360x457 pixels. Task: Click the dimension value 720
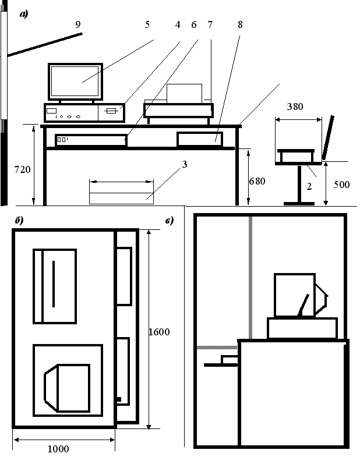22,169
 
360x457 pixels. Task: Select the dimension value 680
257,181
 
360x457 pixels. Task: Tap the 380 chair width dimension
297,107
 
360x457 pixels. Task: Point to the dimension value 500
341,185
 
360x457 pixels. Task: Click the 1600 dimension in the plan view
158,332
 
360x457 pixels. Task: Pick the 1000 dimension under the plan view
58,448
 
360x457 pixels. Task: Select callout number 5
147,25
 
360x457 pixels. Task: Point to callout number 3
185,165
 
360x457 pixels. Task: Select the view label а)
24,15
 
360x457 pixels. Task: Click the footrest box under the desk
121,192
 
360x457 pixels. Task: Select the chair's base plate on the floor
300,203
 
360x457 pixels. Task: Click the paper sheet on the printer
184,93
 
